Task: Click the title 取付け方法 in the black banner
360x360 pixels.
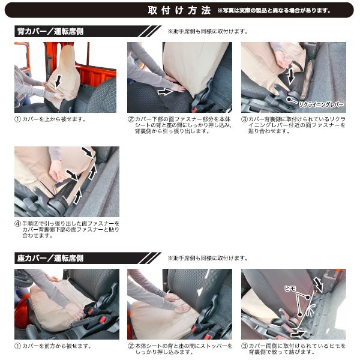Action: click(179, 10)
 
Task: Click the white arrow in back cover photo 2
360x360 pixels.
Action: click(163, 92)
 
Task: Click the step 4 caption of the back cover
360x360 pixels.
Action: click(66, 229)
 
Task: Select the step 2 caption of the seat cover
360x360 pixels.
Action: click(180, 349)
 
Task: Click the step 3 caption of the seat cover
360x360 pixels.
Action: click(294, 349)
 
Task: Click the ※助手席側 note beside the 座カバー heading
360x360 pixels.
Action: click(208, 258)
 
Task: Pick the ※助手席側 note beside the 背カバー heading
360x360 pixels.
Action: click(208, 32)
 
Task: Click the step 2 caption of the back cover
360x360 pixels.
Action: click(180, 125)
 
